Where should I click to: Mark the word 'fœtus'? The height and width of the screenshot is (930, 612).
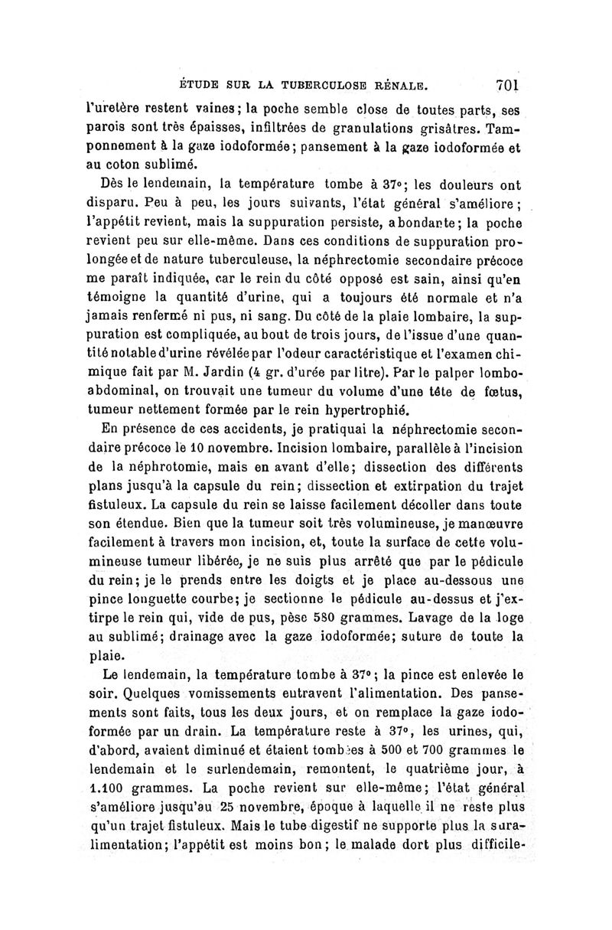[x=500, y=395]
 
